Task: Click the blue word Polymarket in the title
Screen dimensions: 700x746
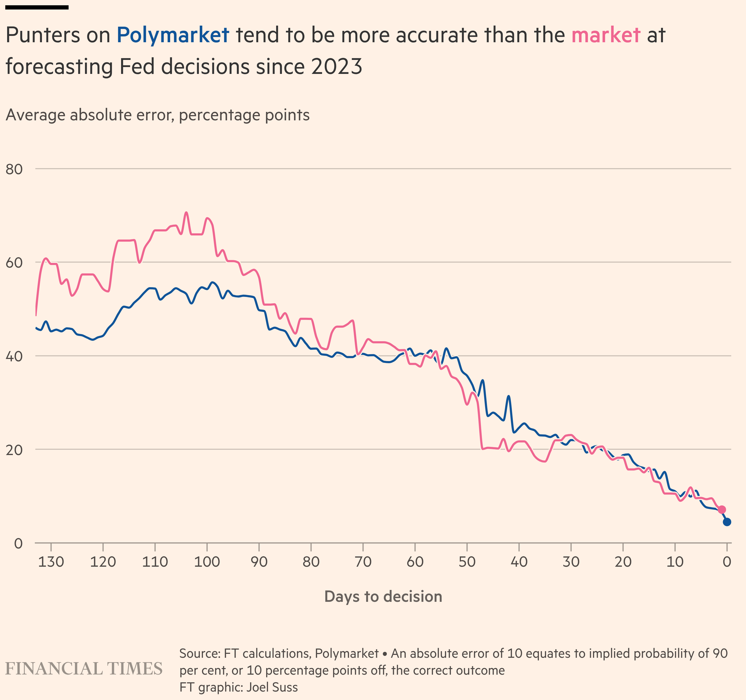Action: (173, 35)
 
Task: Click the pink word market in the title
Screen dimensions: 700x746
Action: (605, 35)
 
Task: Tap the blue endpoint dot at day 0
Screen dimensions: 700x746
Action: (727, 522)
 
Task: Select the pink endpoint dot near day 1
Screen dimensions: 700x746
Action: (722, 510)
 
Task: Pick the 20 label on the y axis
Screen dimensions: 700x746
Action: (14, 450)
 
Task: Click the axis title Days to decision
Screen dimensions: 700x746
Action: (383, 596)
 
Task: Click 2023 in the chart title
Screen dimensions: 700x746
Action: (336, 67)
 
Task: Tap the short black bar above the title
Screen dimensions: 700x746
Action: (37, 7)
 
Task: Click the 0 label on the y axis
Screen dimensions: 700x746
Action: (18, 543)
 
